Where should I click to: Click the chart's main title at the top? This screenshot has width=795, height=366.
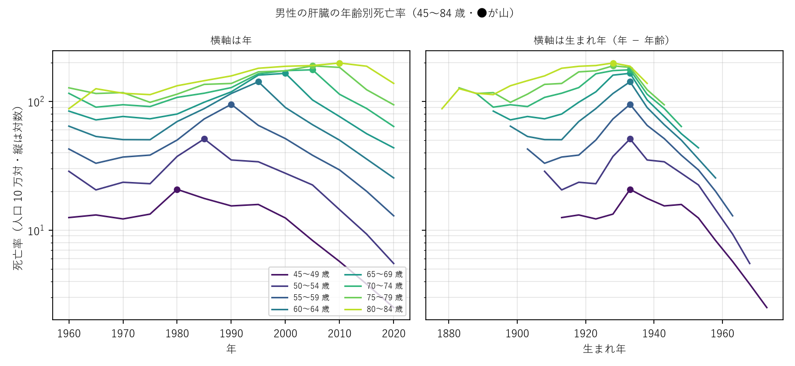(x=395, y=13)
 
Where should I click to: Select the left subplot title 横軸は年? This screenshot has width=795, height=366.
(x=231, y=40)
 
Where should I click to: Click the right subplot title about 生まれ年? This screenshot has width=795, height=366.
(x=602, y=40)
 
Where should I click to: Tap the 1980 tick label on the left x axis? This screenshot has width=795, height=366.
(x=177, y=333)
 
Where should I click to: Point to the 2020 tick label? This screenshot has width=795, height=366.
(x=394, y=333)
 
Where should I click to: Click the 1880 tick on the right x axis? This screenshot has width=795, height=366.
(x=449, y=333)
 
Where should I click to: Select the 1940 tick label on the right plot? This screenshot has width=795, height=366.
(x=654, y=333)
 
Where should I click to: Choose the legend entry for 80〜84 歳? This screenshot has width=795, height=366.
(x=374, y=309)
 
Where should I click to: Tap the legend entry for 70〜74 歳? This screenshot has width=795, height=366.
(x=374, y=286)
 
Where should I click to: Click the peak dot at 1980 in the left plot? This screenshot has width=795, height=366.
(x=177, y=190)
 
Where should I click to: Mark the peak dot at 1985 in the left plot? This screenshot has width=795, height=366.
(x=204, y=139)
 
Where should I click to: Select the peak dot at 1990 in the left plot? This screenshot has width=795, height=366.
(x=232, y=104)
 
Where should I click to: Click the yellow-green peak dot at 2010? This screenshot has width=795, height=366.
(x=339, y=63)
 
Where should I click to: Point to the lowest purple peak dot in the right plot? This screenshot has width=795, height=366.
(x=630, y=190)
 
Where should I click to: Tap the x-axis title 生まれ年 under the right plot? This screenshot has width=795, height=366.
(x=604, y=349)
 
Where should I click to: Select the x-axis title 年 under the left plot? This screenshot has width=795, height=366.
(x=231, y=349)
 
